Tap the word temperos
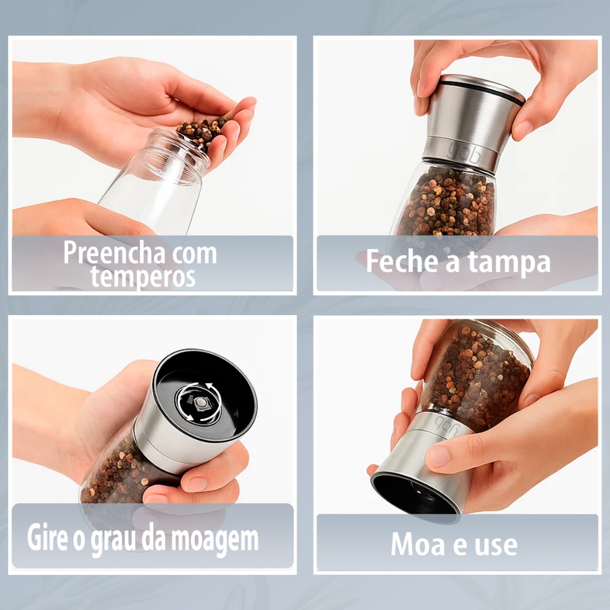coord(143,276)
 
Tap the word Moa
coord(418,544)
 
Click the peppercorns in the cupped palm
coord(201,130)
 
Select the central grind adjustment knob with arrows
coord(199,402)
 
